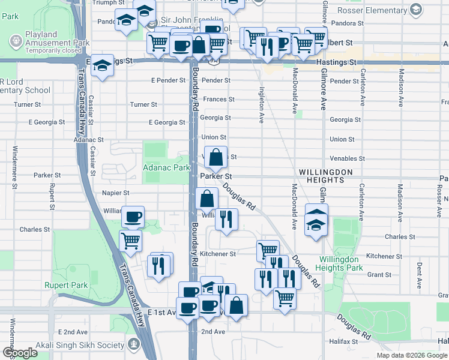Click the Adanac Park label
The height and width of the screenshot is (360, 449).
coord(166,169)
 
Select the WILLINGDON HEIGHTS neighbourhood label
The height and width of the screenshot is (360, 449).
coord(325,176)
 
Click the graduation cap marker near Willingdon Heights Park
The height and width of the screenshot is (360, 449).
coord(316,223)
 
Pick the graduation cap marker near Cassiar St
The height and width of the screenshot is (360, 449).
coord(103,66)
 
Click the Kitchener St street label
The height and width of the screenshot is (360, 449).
coord(217,254)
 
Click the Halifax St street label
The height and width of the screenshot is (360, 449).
coord(343,341)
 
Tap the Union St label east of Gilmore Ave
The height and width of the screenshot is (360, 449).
coord(342,139)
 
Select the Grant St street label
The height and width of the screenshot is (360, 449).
coord(379,275)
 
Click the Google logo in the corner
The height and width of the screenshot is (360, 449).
coord(20,353)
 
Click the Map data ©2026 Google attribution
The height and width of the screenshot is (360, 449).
coord(411,355)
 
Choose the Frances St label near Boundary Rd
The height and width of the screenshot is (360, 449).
coord(218,100)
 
